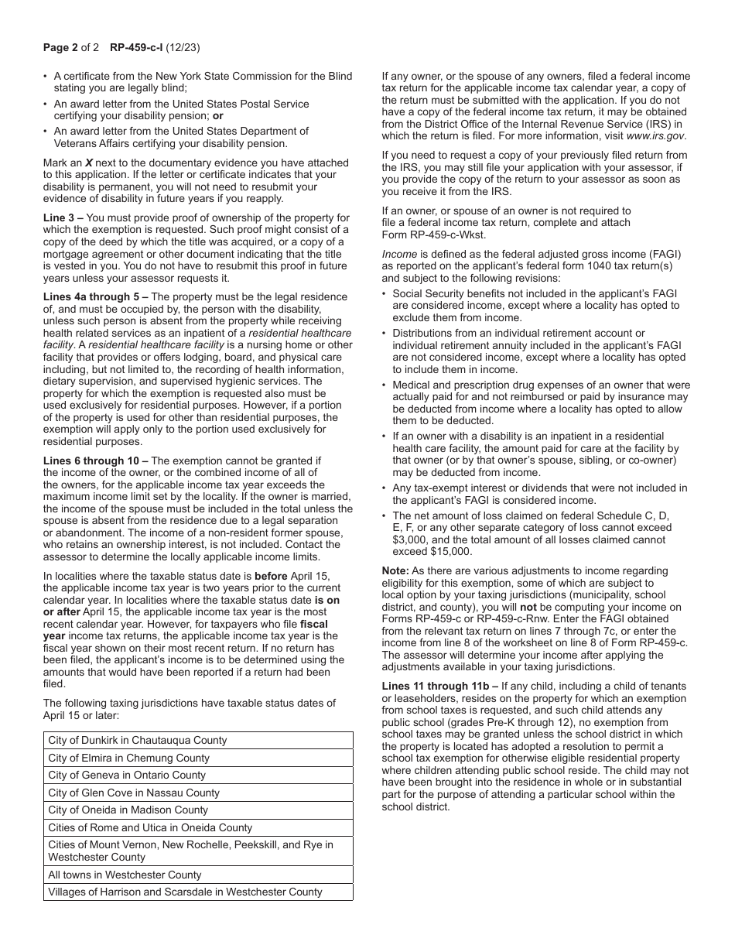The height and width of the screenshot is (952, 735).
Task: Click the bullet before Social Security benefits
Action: (x=385, y=293)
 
